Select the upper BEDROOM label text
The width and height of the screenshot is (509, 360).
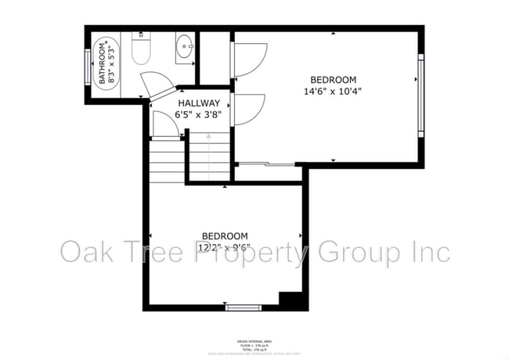334,79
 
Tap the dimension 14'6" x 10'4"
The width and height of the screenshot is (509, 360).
334,91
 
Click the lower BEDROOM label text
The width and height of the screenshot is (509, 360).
225,236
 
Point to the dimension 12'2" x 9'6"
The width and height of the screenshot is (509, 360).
225,247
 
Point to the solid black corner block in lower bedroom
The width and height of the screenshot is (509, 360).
290,300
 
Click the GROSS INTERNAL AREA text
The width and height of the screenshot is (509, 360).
254,342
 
